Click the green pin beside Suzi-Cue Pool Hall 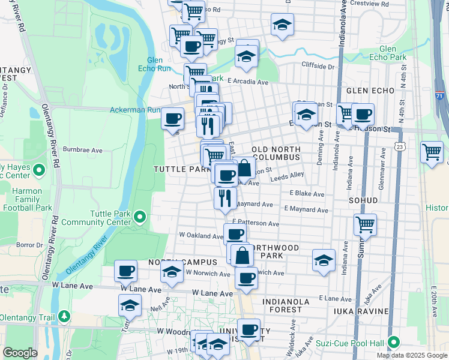393,342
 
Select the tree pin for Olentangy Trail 64,316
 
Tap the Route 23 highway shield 400,146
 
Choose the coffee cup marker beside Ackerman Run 173,118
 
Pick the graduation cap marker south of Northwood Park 324,260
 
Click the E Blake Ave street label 307,194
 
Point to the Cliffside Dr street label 318,66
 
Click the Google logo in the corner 20,353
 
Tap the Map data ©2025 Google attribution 412,355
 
